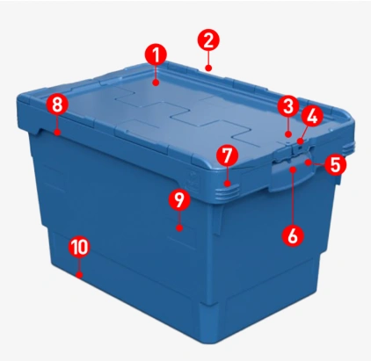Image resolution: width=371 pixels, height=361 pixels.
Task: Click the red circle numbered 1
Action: coord(156,55)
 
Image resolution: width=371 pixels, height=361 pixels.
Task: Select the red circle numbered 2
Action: coord(208,40)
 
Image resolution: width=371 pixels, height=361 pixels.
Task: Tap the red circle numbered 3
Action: coord(288,106)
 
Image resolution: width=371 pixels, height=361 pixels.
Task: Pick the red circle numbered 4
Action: coord(311,117)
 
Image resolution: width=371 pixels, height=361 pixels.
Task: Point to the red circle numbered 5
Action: coord(335,164)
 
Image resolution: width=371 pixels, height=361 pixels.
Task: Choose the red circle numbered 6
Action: coord(293,235)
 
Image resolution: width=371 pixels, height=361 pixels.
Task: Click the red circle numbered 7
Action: coord(228,155)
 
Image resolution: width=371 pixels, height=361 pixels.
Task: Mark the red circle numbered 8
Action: coord(57,105)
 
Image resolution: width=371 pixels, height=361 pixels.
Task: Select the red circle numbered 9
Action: coord(179,199)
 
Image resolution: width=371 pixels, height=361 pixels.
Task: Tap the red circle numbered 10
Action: coord(79,247)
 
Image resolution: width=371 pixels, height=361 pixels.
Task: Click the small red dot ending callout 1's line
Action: coord(156,83)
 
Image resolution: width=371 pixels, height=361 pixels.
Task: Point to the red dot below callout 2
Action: coord(208,69)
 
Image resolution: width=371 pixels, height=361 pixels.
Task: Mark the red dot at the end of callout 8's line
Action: coord(57,133)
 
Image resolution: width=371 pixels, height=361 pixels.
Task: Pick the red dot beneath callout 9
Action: coord(179,227)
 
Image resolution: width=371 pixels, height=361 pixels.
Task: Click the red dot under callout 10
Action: coord(79,275)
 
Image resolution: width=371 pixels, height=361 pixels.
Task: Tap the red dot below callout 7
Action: coord(228,184)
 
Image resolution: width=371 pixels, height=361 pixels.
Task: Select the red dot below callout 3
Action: coord(288,134)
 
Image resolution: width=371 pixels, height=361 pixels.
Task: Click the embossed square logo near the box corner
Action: coord(193,179)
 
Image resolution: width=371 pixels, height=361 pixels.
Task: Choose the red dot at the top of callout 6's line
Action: coord(293,170)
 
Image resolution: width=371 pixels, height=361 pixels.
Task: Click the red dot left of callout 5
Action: coord(308,162)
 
